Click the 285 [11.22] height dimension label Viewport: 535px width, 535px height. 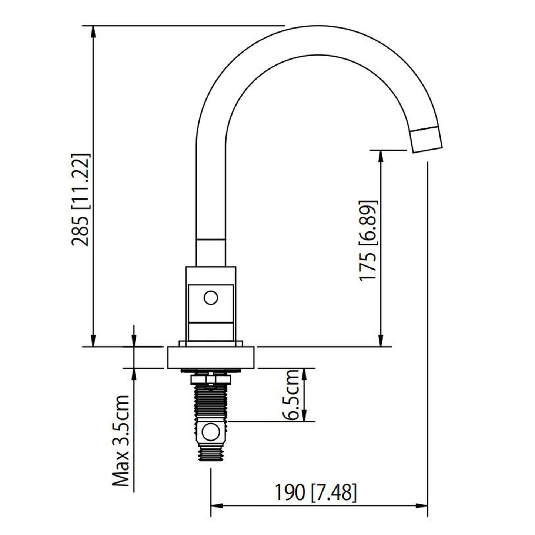coord(81,200)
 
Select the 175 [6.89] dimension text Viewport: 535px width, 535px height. coord(368,241)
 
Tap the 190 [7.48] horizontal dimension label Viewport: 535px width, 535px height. coord(315,492)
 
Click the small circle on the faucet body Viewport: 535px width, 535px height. coord(211,298)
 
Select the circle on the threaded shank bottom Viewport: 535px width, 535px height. coord(210,432)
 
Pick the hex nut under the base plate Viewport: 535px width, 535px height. coord(210,379)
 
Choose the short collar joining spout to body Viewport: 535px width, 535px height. coord(210,253)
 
